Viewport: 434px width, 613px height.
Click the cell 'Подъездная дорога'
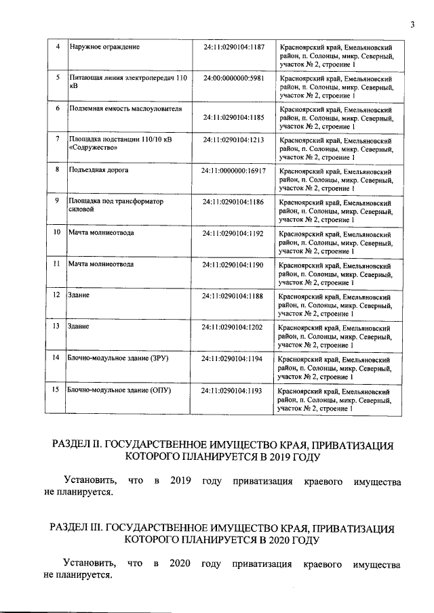[x=98, y=170]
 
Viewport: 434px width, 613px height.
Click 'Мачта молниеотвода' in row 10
[x=101, y=232]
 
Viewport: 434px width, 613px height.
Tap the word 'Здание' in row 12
[x=79, y=295]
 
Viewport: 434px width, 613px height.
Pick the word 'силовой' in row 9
[x=81, y=210]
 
